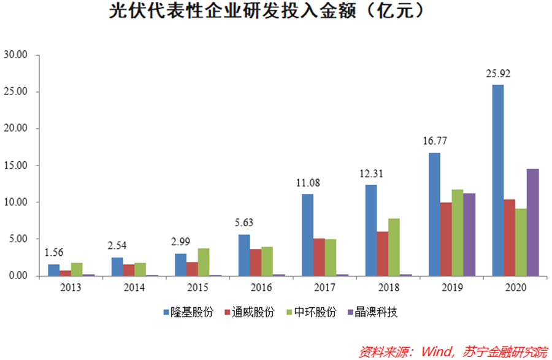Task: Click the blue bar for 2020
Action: [497, 180]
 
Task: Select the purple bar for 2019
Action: [469, 234]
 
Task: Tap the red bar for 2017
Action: [319, 257]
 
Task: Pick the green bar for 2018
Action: [394, 247]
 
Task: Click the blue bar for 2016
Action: [243, 255]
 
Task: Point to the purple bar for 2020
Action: [533, 222]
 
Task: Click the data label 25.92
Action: [497, 74]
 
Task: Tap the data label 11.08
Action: [307, 183]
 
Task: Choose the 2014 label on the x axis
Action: [130, 286]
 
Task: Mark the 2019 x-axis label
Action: [450, 286]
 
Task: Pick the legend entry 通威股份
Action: [254, 312]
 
